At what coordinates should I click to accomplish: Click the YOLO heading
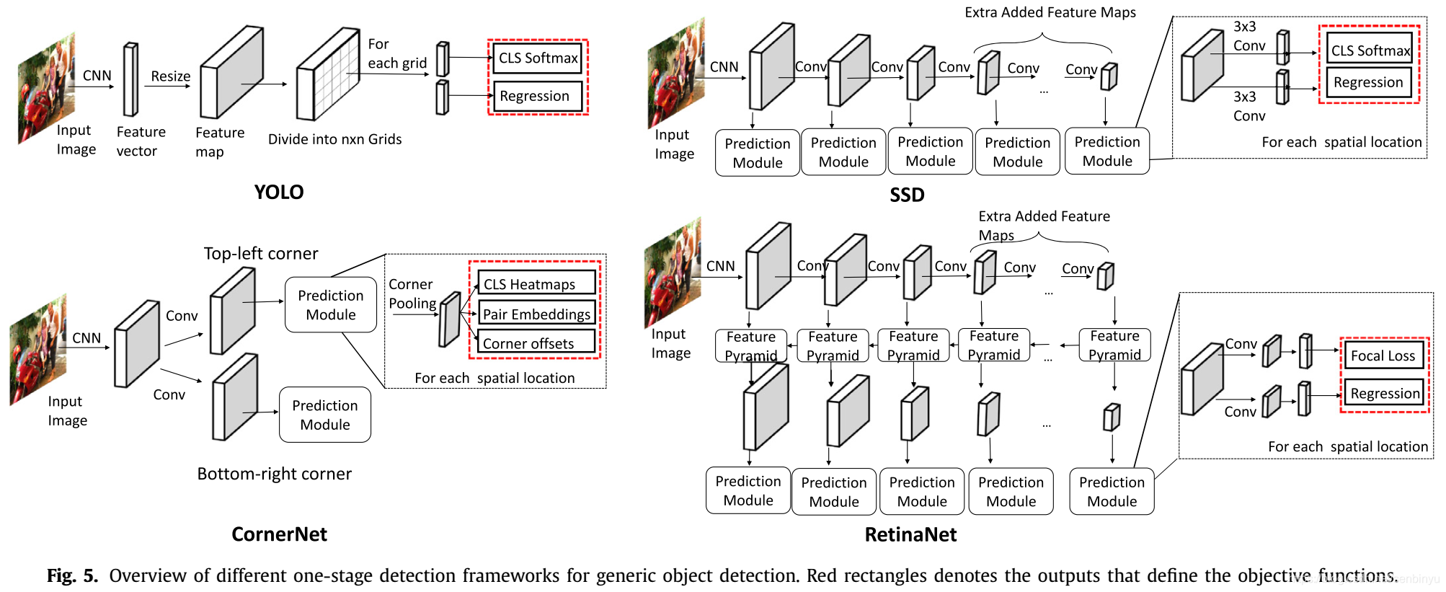tap(279, 193)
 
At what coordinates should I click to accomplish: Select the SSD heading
tap(906, 195)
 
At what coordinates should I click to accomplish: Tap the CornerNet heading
tap(279, 534)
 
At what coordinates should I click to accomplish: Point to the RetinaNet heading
tap(910, 534)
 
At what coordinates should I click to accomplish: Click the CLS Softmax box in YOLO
tap(538, 58)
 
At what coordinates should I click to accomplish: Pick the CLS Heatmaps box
tap(536, 284)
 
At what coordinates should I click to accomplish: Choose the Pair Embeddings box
tap(536, 314)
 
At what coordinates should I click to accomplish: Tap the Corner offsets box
tap(536, 343)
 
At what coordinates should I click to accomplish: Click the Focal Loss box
tap(1383, 355)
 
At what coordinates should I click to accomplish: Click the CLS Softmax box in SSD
tap(1370, 50)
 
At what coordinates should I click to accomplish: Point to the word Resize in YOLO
tap(171, 76)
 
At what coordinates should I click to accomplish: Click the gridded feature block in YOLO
tap(329, 74)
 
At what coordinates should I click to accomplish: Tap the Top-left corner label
tap(261, 254)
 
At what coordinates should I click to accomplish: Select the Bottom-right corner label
tap(275, 474)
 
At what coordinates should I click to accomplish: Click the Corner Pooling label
tap(412, 294)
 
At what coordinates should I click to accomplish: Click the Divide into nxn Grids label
tap(334, 139)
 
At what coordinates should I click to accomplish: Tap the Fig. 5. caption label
tap(72, 575)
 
